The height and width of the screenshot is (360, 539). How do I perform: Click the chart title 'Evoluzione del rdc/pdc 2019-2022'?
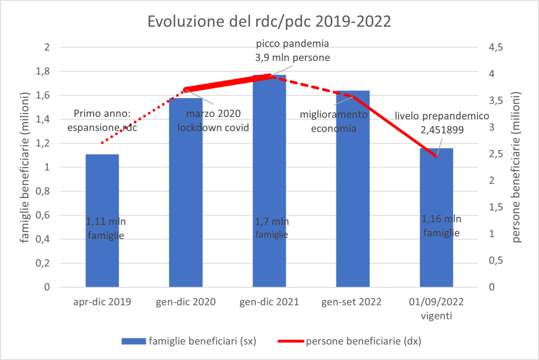click(x=269, y=23)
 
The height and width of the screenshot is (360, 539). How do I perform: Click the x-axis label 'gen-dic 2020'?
click(x=185, y=302)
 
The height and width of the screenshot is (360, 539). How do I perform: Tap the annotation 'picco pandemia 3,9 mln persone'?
click(x=292, y=51)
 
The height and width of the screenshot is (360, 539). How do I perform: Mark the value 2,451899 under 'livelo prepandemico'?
click(x=442, y=129)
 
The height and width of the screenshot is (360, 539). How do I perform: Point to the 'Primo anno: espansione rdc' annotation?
click(x=105, y=121)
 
